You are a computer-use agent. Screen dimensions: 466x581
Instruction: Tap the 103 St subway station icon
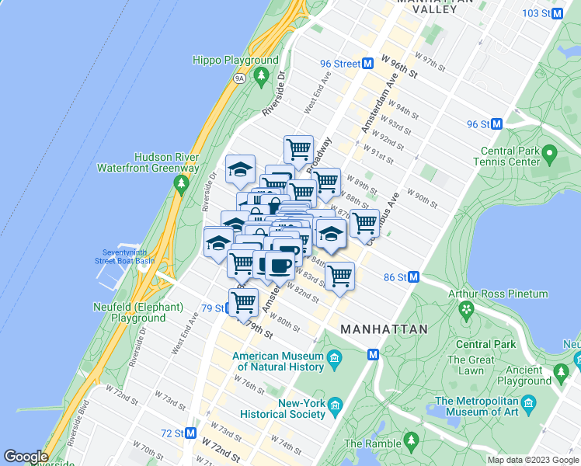tap(556, 13)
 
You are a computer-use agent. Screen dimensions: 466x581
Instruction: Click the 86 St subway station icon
tap(414, 276)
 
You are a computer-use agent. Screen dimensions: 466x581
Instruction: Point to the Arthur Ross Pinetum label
tap(498, 294)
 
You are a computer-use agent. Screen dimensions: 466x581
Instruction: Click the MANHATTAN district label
tap(384, 329)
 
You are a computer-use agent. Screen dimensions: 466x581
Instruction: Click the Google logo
tap(26, 457)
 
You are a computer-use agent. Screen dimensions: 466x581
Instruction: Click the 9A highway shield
tap(239, 78)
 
